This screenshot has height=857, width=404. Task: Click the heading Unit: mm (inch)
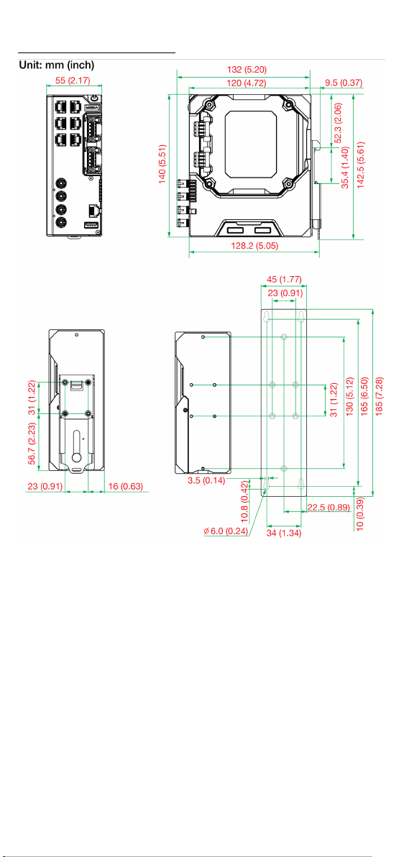(57, 65)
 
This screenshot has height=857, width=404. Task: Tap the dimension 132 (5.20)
(244, 69)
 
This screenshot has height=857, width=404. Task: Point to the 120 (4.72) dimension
(248, 83)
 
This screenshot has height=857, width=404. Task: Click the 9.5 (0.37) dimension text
(344, 83)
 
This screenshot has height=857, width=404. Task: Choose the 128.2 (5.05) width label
(254, 246)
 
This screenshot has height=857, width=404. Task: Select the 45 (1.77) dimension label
(284, 280)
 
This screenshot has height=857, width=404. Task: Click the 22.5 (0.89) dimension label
(328, 507)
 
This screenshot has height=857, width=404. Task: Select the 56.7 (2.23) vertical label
(32, 444)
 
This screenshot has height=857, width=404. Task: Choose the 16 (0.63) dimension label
(125, 485)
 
